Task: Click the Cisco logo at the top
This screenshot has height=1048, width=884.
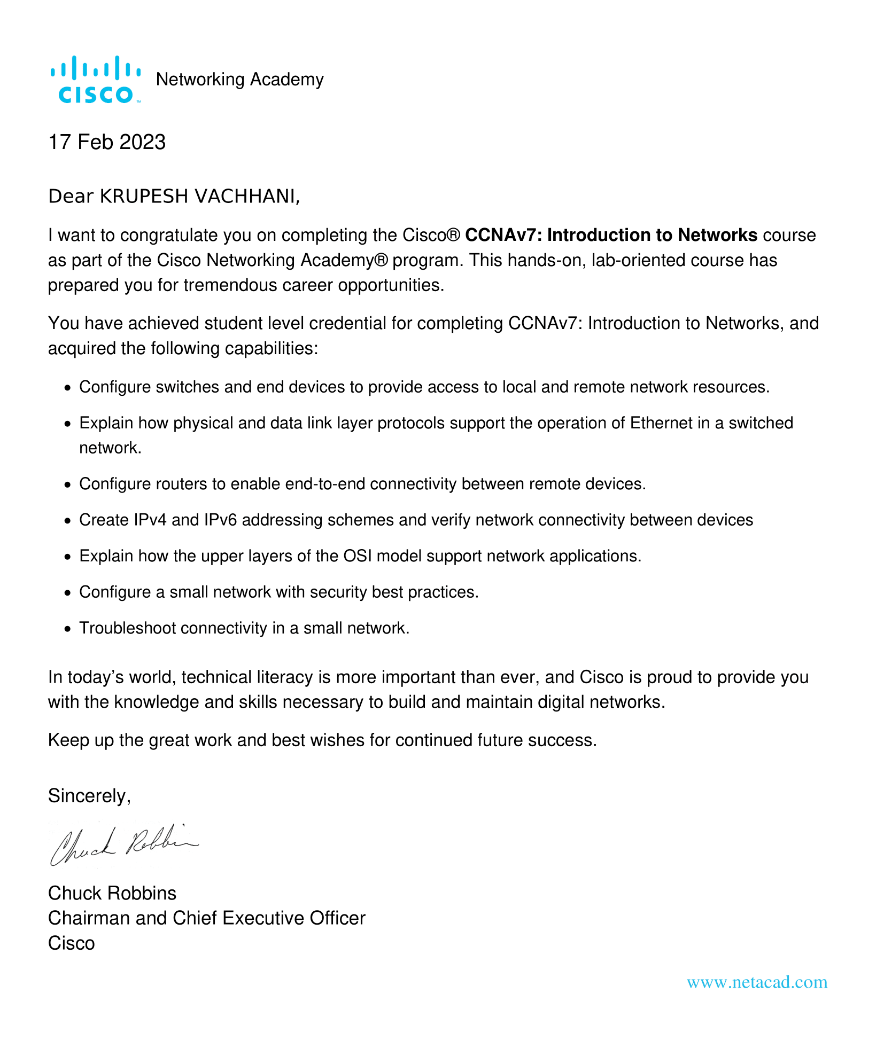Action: [x=95, y=80]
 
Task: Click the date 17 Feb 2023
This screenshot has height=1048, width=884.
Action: [x=107, y=142]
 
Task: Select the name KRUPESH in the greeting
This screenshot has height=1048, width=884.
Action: [x=144, y=197]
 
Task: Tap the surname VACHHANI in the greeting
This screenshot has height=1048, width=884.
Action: [x=245, y=197]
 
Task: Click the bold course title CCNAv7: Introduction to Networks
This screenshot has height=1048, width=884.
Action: [x=611, y=235]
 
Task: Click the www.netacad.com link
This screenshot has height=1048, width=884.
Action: [x=757, y=982]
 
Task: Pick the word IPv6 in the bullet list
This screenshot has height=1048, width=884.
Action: [x=221, y=520]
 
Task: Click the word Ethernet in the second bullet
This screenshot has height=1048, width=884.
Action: [x=661, y=423]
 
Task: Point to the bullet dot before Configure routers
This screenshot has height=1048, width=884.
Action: [x=67, y=485]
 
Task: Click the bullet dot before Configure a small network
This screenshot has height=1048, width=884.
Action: [x=67, y=593]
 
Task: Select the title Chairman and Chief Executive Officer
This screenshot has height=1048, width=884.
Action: [x=206, y=918]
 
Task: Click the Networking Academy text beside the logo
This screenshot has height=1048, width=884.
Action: [x=239, y=80]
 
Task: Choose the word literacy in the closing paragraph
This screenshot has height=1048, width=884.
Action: [x=280, y=677]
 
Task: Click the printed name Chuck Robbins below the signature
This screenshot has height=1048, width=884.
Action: [x=112, y=893]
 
